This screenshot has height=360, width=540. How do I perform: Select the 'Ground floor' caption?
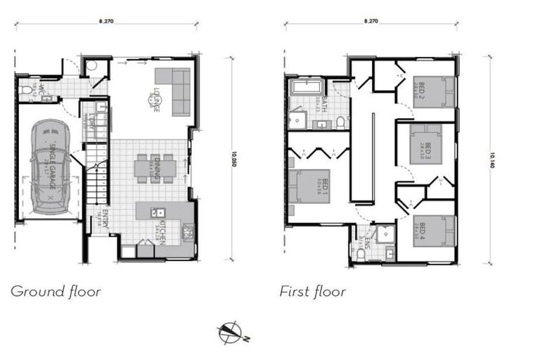click(56, 291)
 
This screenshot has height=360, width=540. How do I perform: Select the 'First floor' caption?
click(312, 291)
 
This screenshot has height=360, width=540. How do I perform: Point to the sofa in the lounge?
click(175, 91)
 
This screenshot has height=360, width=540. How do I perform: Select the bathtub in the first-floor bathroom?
click(306, 89)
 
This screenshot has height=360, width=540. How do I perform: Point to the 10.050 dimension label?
click(232, 162)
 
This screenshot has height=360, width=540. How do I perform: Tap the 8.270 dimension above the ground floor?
click(106, 22)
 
